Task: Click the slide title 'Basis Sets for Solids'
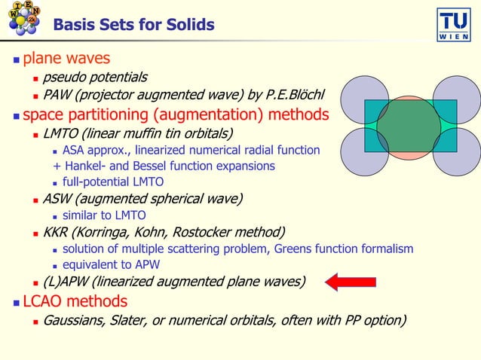pos(133,26)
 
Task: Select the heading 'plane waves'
pos(66,58)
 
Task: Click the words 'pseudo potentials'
pos(95,77)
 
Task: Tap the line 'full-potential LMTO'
pos(113,182)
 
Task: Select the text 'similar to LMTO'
pos(104,215)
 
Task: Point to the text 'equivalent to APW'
pos(112,264)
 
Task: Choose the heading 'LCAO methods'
pos(75,301)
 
